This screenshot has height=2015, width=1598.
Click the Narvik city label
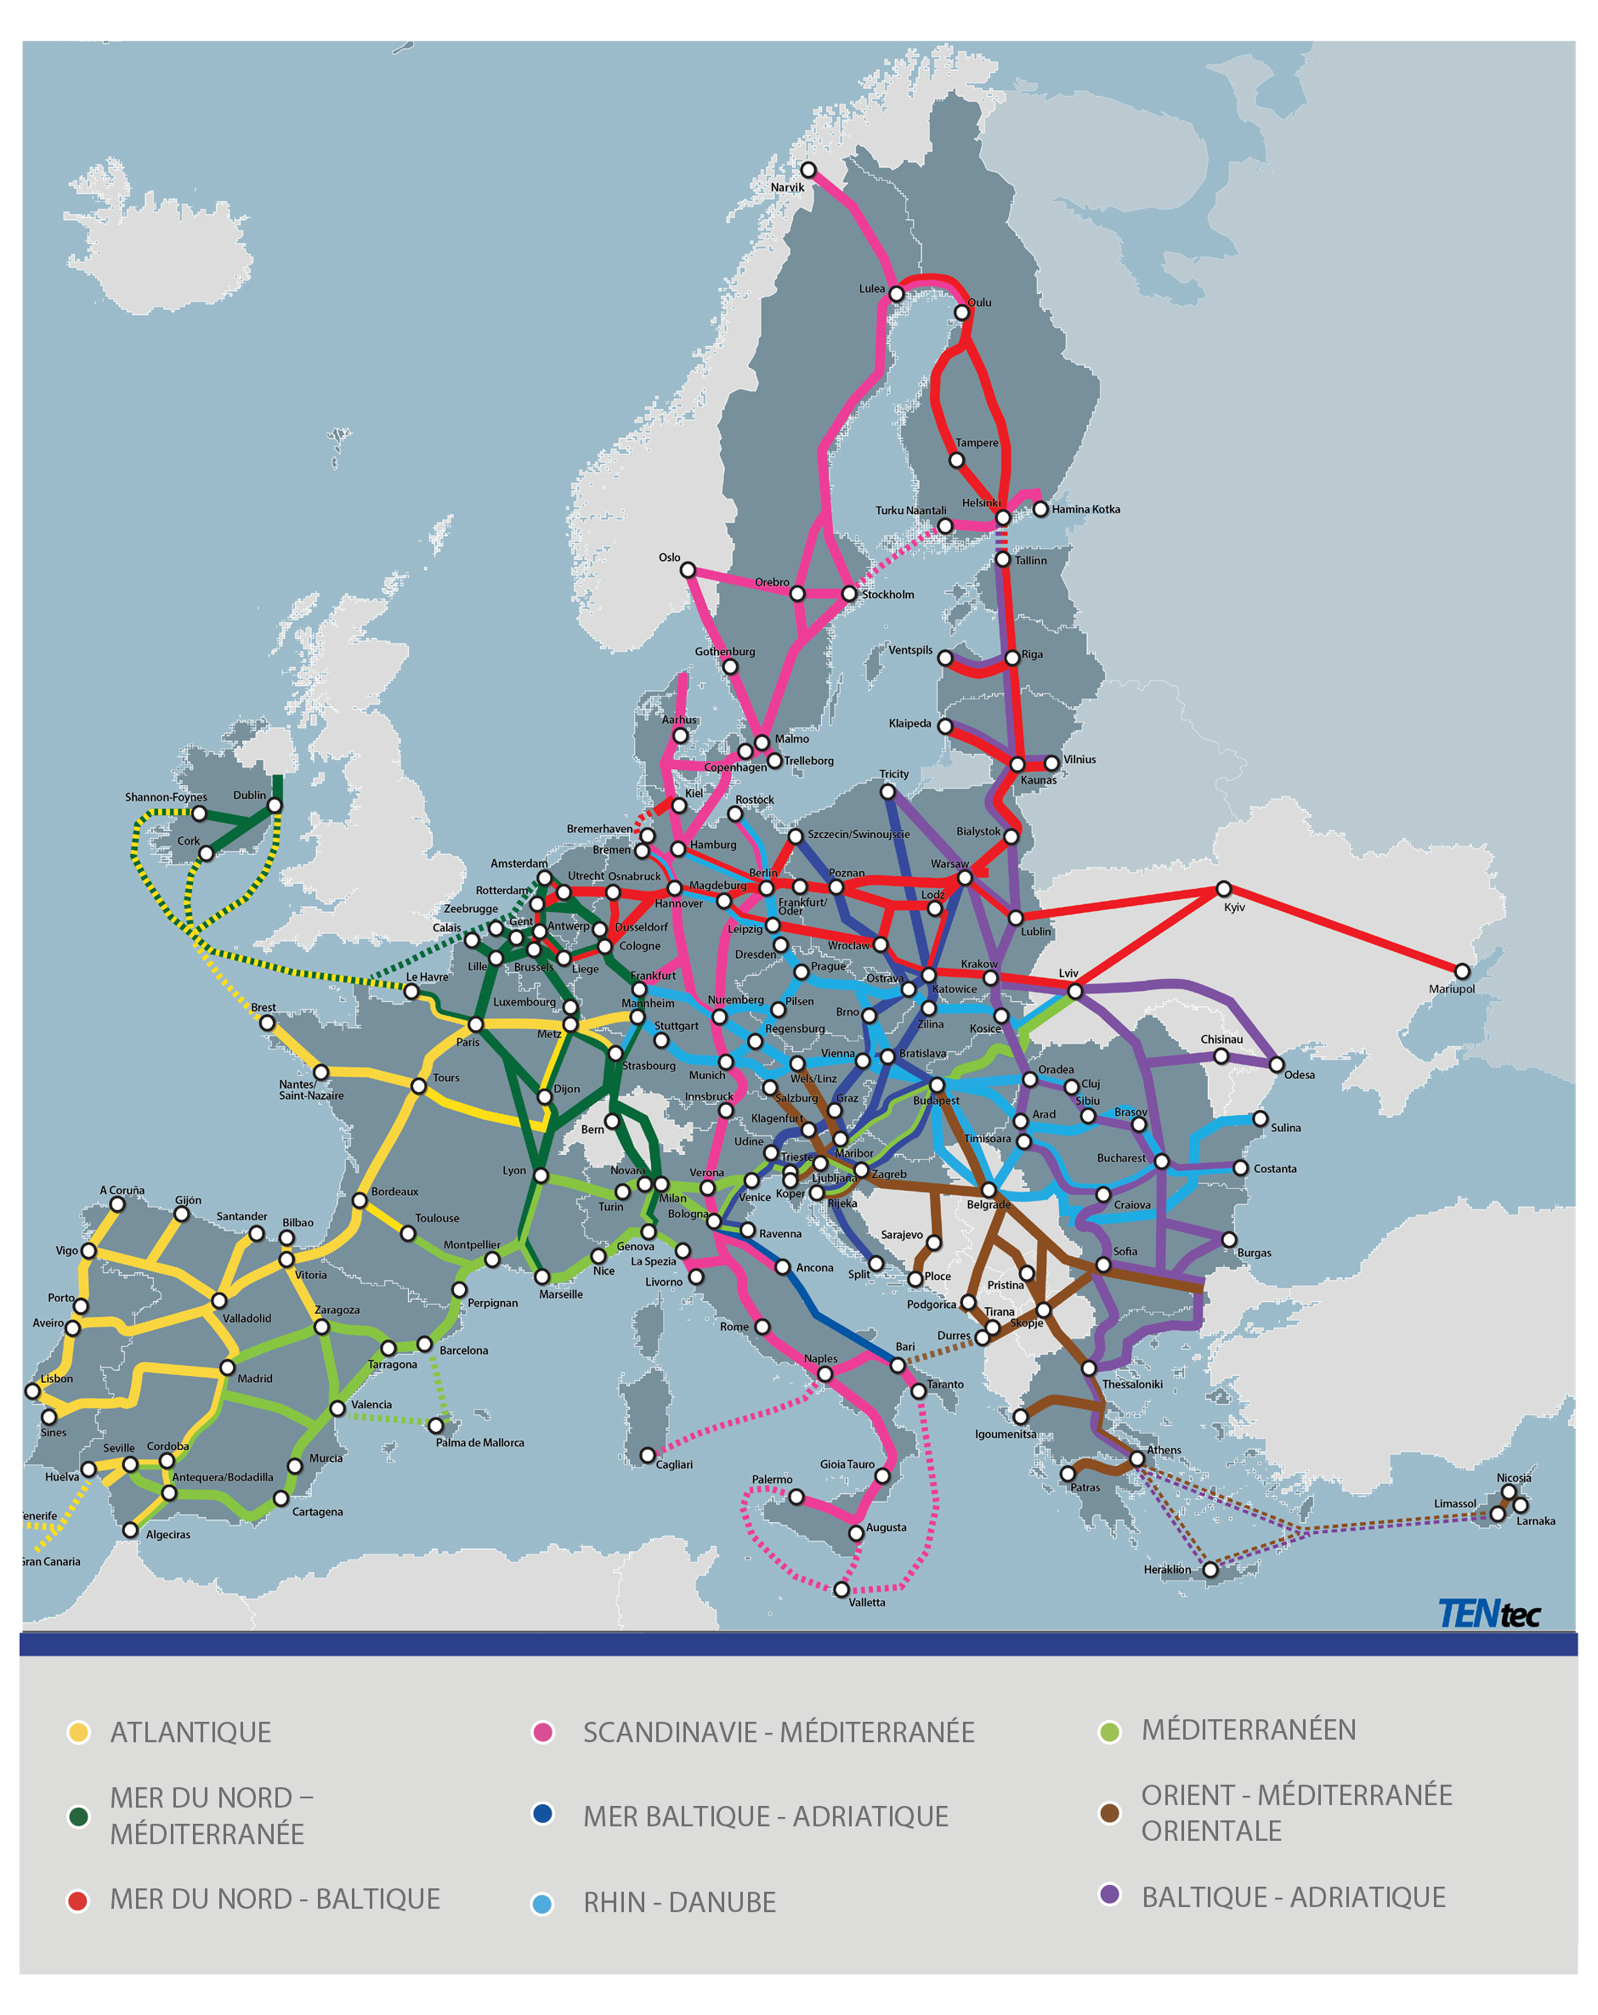coord(787,187)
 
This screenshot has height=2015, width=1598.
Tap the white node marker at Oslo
coord(688,570)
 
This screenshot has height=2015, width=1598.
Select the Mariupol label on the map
coord(1451,989)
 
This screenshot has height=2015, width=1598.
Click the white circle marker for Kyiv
coord(1223,889)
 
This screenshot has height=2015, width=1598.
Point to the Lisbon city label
coord(56,1378)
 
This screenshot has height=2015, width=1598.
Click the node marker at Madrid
coord(227,1367)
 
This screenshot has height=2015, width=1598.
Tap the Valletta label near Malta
coord(866,1602)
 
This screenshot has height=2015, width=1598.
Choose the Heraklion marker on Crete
coord(1210,1569)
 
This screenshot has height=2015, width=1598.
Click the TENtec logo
coord(1487,1613)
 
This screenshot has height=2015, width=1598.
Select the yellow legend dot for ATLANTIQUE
coord(78,1732)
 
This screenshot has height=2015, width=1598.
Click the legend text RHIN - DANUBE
coord(679,1902)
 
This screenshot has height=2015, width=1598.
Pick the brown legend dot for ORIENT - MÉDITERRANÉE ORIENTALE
coord(1109,1813)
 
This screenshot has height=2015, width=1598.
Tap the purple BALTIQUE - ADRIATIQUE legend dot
coord(1109,1894)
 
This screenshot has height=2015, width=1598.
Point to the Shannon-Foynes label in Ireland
coord(166,797)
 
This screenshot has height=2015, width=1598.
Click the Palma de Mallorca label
coord(479,1442)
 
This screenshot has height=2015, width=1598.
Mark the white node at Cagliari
coord(648,1455)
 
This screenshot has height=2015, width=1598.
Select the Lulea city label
coord(871,289)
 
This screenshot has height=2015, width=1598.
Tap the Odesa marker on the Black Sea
coord(1277,1065)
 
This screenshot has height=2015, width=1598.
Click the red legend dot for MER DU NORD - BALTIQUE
coord(78,1900)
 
